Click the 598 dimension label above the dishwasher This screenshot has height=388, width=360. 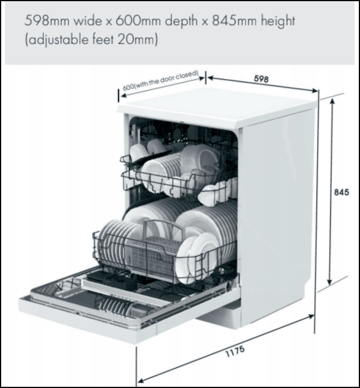[261, 79]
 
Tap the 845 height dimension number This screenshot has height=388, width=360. [341, 192]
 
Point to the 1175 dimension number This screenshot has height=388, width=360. [235, 351]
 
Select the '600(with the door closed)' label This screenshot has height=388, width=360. [161, 81]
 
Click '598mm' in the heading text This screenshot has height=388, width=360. [47, 21]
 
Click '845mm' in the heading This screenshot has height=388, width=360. [234, 21]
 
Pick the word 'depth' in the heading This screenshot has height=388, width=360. [182, 21]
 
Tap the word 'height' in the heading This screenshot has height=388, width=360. [278, 21]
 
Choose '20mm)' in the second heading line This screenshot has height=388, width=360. [138, 40]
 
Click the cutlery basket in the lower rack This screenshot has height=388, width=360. [153, 257]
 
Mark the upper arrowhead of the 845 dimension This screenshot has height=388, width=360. [332, 101]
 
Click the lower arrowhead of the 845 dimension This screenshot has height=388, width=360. [329, 282]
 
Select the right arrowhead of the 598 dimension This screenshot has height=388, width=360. [315, 90]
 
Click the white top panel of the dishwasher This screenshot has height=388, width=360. [217, 106]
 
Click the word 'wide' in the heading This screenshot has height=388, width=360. [87, 21]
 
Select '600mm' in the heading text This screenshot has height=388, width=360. [138, 21]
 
